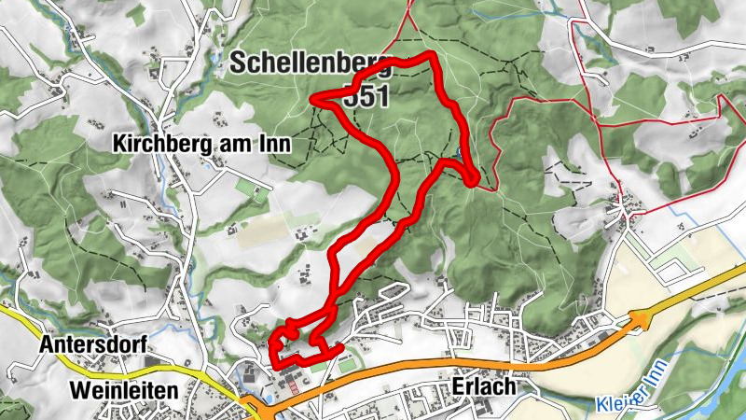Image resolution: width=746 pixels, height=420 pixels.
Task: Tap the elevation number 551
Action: pyautogui.click(x=366, y=96)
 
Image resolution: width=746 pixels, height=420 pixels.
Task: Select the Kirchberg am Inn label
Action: pyautogui.click(x=201, y=144)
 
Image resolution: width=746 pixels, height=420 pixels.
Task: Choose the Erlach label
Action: pyautogui.click(x=477, y=386)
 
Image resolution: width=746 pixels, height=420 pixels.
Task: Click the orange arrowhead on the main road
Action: pyautogui.click(x=642, y=319)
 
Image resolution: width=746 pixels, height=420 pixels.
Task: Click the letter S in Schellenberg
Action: pyautogui.click(x=240, y=63)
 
